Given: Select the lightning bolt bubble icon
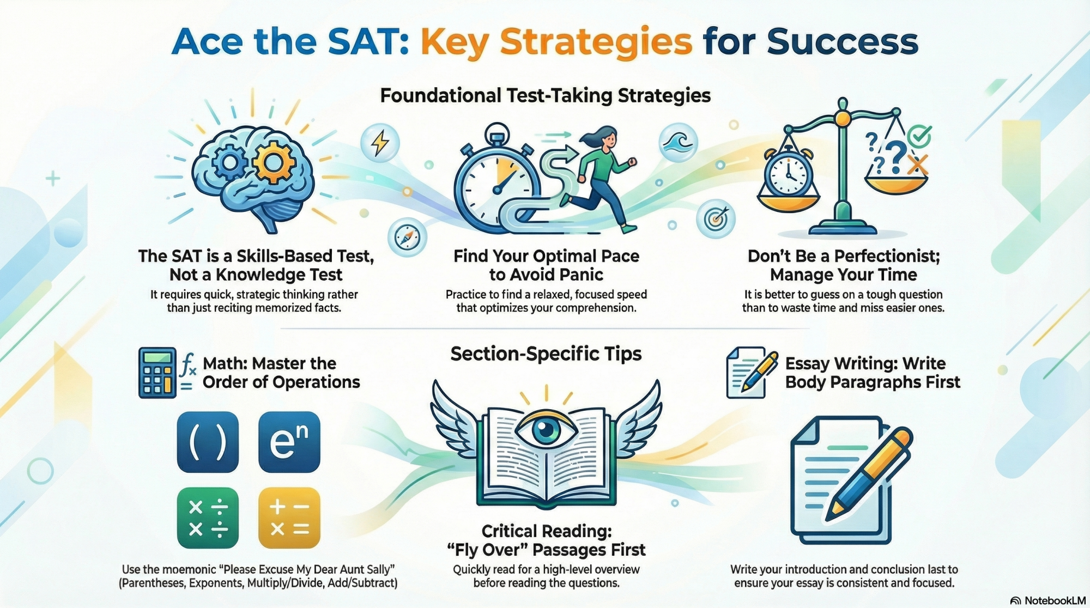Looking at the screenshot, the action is (380, 143).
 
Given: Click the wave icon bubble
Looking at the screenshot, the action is (678, 143).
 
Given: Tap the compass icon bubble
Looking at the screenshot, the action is (407, 238).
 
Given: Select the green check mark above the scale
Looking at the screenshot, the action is (920, 136).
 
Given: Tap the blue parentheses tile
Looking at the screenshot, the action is (208, 442).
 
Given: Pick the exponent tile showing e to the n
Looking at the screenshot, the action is (289, 442).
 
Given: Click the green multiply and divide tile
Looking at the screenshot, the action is (208, 518).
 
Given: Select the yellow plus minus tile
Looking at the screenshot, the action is (289, 518).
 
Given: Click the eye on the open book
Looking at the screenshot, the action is (546, 429).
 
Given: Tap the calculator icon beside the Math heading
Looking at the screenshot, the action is (157, 373).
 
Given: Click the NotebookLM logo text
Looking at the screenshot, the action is (1055, 600).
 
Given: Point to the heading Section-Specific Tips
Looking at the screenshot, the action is (546, 354).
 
